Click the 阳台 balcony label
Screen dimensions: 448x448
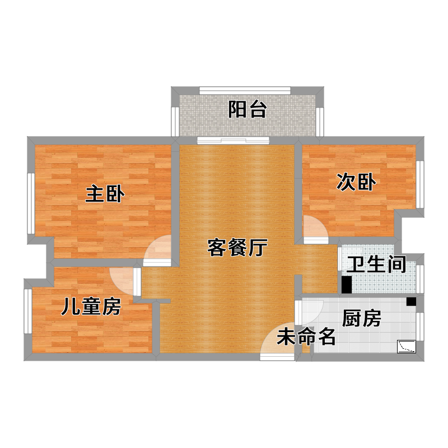point(248,109)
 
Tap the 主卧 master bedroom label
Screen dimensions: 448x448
point(105,194)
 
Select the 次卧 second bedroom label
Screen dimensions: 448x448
point(356,182)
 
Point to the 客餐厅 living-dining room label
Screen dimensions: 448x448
point(237,248)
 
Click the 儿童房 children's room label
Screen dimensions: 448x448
point(91,306)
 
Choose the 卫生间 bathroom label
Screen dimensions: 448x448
point(376,264)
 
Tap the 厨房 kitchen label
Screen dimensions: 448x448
point(361,318)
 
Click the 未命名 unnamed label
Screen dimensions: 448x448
point(306,337)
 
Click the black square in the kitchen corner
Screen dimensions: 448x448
point(411,301)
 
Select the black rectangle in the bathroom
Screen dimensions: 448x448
point(347,284)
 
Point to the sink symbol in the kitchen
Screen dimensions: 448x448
point(407,347)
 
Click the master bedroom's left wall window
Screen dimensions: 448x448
point(31,203)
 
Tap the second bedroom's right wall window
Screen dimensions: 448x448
point(419,184)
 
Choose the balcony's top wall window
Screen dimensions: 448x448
point(245,91)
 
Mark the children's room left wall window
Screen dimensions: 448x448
point(27,311)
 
